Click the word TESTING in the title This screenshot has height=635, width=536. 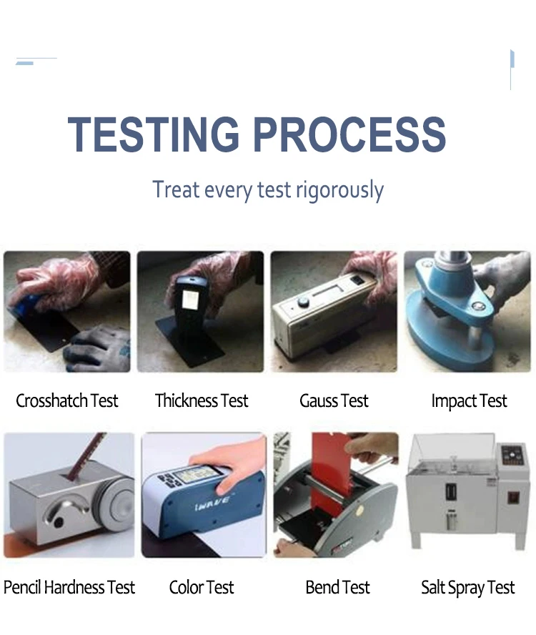point(154,134)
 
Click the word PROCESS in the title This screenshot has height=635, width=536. point(349,134)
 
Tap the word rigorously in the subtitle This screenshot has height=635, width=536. point(339,190)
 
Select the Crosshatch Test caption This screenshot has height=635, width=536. point(66,401)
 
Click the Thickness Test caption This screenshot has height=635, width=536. point(202,401)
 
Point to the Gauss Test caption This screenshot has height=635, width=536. point(334,401)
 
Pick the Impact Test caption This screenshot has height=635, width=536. point(469,401)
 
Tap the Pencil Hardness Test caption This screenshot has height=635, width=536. point(69,588)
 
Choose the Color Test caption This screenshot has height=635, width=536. point(202,588)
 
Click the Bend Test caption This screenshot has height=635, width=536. point(337,588)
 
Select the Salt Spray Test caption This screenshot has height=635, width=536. point(467,588)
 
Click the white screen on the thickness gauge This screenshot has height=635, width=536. point(190,300)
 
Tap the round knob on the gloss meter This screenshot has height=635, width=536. point(303,302)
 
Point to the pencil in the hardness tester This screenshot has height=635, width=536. point(86,456)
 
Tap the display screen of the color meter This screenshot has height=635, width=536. point(194,474)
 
